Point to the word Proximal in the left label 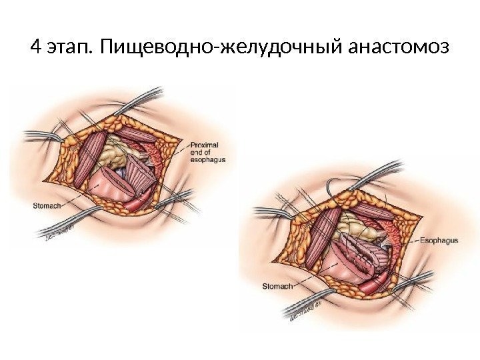[203, 145]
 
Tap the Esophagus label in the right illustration [440, 240]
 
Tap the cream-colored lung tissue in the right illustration [356, 227]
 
